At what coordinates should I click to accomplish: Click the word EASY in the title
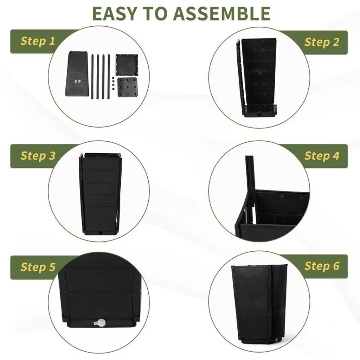(x=115, y=14)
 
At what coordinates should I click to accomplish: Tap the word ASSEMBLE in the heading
(x=222, y=14)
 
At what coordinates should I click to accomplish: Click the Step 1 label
(x=38, y=41)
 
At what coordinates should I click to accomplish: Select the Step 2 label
(x=322, y=42)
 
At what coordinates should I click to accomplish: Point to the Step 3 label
(x=38, y=156)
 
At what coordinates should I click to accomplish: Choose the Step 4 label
(x=322, y=156)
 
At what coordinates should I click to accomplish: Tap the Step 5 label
(x=38, y=267)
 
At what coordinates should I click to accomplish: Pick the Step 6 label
(x=322, y=266)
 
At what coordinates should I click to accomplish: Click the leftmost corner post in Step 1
(x=92, y=77)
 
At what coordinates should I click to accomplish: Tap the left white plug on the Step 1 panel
(x=76, y=81)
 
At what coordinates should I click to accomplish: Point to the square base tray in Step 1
(x=127, y=65)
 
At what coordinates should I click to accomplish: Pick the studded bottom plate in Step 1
(x=128, y=88)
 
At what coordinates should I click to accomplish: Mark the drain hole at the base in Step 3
(x=100, y=232)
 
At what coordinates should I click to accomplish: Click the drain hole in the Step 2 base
(x=260, y=114)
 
